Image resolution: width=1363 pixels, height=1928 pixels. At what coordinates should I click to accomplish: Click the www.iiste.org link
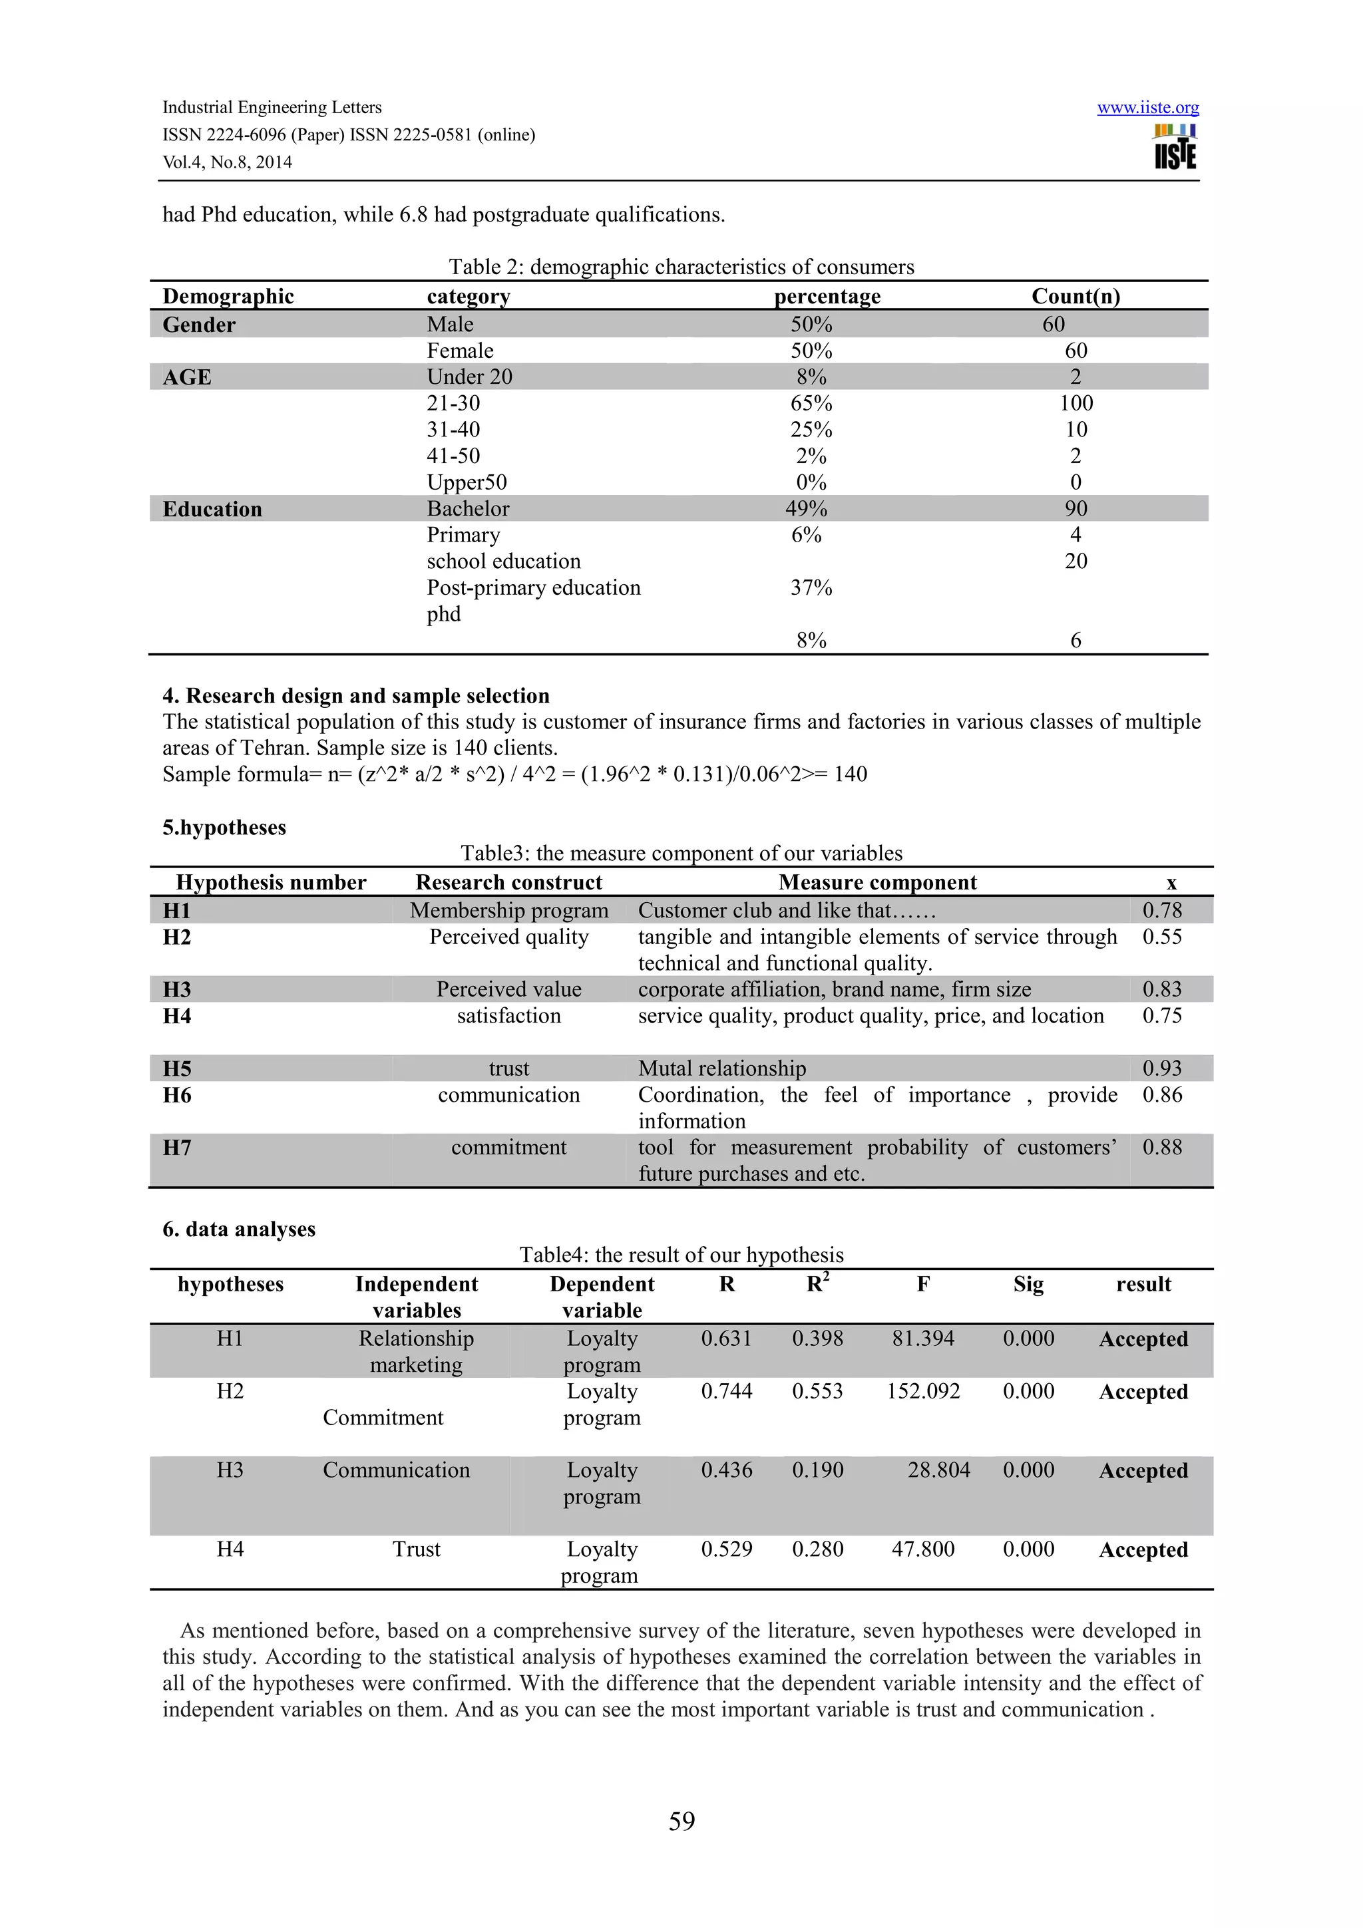pos(1147,108)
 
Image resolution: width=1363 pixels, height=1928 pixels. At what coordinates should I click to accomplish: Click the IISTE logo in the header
pos(1175,148)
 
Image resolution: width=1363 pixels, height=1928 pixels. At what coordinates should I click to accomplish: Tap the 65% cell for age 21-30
pos(811,403)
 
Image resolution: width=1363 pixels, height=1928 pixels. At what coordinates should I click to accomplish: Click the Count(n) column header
pos(1075,297)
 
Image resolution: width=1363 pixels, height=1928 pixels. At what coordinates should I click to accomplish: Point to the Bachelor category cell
pos(468,509)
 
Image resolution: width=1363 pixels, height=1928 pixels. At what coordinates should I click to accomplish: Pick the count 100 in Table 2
pos(1075,403)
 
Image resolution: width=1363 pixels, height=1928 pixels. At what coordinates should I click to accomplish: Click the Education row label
pos(212,509)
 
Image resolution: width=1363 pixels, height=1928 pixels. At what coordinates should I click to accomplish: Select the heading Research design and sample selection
pos(356,695)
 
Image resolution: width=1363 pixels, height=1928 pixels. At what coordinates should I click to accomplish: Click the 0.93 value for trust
pos(1161,1068)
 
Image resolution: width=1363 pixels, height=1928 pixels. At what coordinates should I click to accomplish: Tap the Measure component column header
pos(878,883)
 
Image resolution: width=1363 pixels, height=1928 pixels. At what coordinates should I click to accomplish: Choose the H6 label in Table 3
pos(177,1095)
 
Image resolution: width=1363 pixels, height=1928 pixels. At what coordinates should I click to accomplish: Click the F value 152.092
pos(923,1391)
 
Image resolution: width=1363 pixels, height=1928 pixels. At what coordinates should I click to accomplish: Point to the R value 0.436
pos(727,1470)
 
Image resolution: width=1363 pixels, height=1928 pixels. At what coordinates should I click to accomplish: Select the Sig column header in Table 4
pos(1028,1284)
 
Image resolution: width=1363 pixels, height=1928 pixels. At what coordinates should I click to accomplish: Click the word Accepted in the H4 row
pos(1143,1549)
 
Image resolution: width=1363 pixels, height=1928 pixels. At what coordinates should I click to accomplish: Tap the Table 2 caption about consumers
pos(681,267)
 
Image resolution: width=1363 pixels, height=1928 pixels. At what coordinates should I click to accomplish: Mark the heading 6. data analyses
pos(238,1229)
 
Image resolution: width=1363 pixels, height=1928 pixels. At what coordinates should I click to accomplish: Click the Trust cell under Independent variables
pos(416,1549)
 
